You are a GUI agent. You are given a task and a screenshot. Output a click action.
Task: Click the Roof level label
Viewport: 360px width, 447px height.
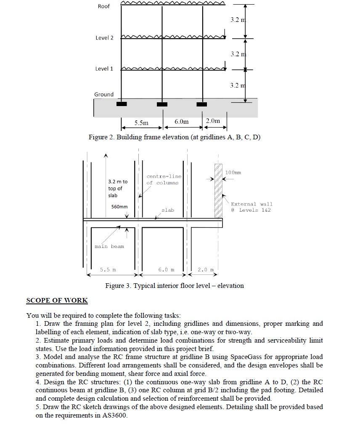103,6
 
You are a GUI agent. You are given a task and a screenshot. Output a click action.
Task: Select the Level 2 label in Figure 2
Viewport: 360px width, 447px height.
104,38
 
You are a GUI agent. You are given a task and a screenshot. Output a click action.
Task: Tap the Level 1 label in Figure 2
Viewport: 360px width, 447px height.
104,69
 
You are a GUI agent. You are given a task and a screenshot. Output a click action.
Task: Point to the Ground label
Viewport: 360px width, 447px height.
103,95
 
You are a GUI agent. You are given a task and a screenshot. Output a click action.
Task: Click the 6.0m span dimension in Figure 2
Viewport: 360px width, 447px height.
181,122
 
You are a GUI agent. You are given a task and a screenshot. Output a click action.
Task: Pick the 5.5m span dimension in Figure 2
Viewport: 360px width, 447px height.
141,123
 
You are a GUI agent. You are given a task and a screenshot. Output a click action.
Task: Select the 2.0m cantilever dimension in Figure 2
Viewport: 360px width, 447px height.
213,121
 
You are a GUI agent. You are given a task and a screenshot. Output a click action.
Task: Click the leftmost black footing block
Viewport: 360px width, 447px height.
122,104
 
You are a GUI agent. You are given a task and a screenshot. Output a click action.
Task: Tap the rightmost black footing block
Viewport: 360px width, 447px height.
202,104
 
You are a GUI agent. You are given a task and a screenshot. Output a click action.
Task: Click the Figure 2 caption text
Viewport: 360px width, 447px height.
174,137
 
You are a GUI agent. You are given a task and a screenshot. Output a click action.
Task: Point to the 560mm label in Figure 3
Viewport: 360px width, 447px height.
119,207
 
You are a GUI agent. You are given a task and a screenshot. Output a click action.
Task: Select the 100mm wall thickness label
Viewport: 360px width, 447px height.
233,173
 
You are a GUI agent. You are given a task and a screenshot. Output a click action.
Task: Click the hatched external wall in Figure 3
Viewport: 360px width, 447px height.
218,190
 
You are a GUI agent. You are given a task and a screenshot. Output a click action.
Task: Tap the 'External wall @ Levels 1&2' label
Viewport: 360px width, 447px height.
251,207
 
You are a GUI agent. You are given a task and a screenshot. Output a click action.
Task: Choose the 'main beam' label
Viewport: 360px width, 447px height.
109,246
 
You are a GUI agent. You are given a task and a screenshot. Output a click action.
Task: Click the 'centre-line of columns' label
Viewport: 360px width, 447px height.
164,180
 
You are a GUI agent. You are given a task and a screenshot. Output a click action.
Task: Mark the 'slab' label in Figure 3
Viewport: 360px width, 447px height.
167,210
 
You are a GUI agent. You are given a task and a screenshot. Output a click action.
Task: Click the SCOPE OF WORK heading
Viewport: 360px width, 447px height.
57,301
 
